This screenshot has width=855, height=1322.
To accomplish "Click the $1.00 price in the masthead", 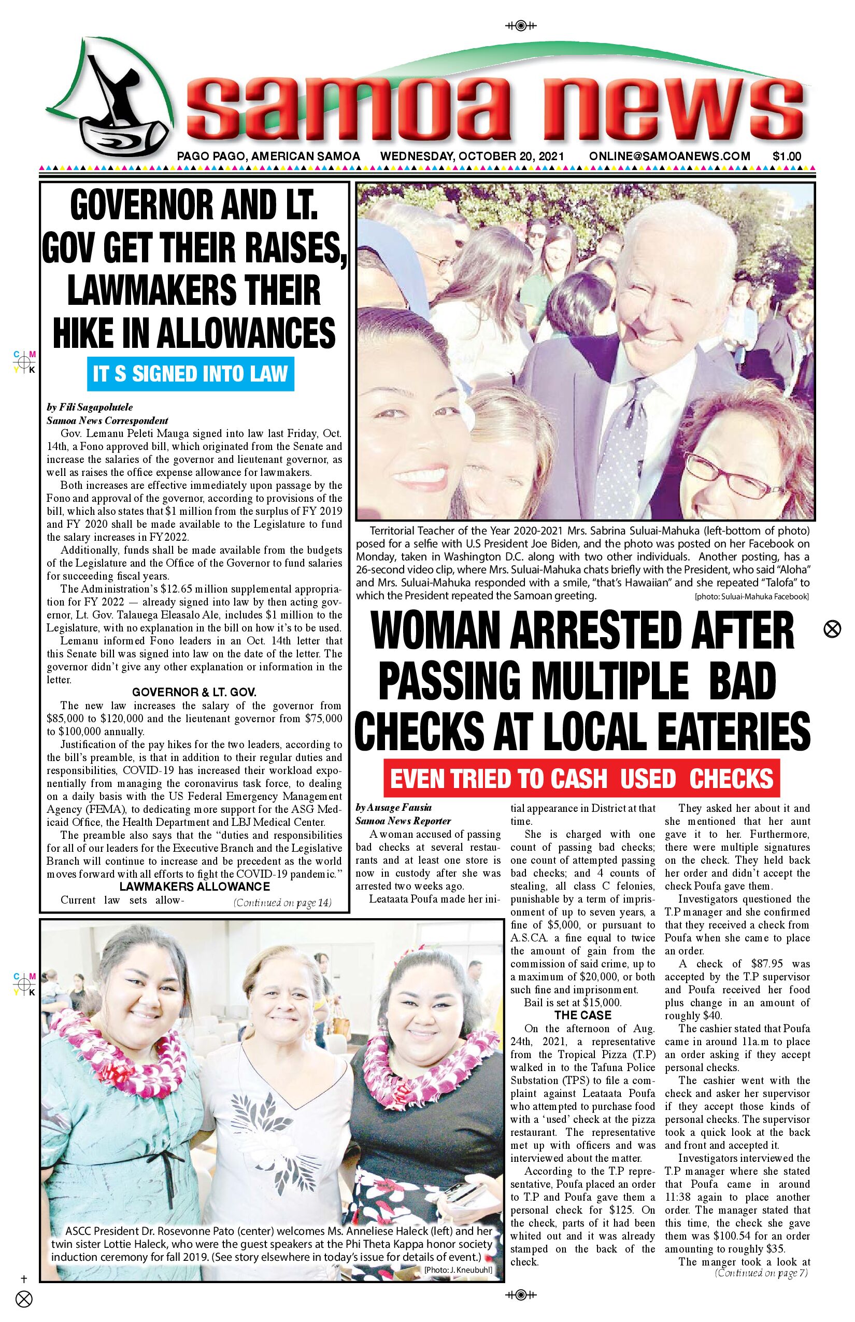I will [x=786, y=157].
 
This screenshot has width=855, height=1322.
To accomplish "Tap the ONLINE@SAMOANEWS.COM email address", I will [x=669, y=157].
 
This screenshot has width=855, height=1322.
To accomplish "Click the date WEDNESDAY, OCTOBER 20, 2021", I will [x=472, y=157].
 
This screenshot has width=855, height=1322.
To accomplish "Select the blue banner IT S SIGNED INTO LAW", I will [x=191, y=374].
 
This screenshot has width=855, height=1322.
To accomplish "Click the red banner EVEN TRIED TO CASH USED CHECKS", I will [x=581, y=778].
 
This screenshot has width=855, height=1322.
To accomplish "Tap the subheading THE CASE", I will [x=582, y=1016].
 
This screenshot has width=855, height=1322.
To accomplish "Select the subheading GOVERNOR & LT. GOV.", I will [x=194, y=692].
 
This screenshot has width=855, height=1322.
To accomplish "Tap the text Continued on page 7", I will [x=762, y=1273].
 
